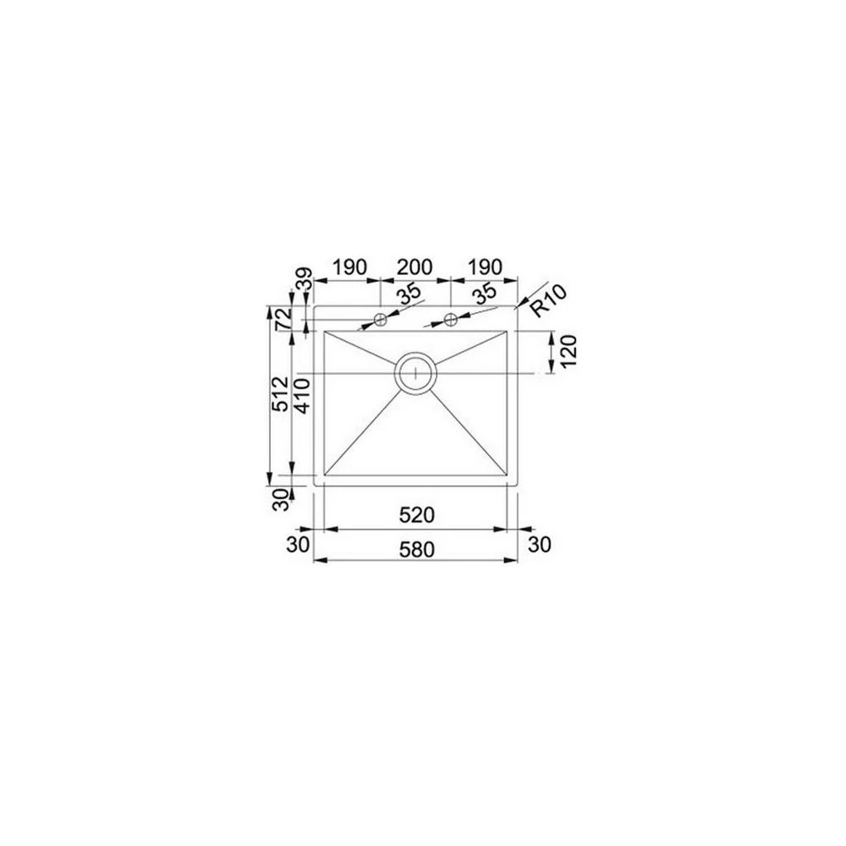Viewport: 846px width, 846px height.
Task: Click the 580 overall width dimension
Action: (416, 549)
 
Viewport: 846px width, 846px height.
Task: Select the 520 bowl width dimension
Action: (416, 515)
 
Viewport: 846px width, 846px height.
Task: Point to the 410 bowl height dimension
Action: (302, 395)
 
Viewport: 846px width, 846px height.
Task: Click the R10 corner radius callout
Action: (549, 300)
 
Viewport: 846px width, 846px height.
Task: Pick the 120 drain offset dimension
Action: (569, 351)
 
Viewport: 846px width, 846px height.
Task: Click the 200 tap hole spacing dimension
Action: (415, 267)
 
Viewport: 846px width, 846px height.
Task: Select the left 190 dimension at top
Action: (349, 267)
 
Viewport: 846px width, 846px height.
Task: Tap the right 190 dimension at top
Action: (484, 267)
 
